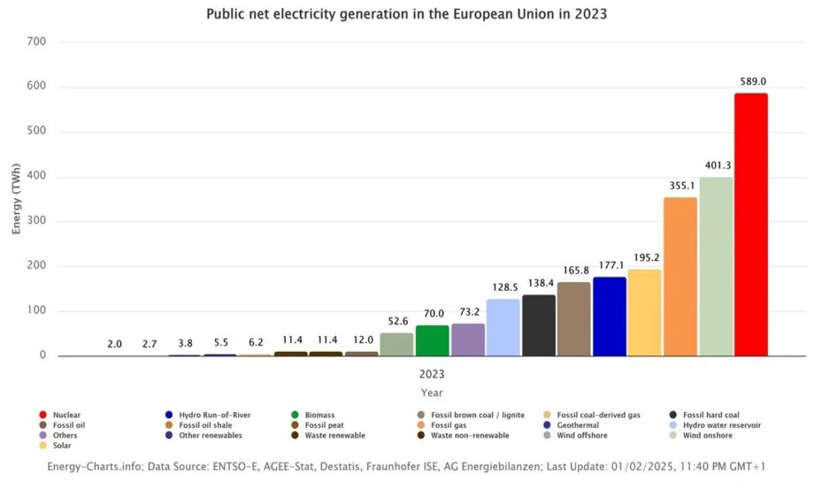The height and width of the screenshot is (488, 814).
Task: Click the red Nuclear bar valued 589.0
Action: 750,225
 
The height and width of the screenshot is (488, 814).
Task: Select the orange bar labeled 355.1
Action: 680,277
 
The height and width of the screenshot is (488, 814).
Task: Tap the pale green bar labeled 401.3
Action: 716,266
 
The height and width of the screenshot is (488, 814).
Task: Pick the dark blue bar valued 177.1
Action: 610,316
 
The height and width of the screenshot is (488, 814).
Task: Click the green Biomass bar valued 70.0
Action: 433,340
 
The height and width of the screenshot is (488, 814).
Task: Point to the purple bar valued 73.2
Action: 468,339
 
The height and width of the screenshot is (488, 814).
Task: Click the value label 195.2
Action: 645,257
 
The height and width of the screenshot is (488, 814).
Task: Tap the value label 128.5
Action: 503,287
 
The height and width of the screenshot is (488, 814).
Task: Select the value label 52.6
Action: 397,321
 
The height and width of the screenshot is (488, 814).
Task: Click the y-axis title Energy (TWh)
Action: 17,198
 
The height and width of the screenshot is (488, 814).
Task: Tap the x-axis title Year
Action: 432,393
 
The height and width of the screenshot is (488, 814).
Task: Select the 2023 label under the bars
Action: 432,374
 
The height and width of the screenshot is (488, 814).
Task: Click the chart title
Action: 407,14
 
